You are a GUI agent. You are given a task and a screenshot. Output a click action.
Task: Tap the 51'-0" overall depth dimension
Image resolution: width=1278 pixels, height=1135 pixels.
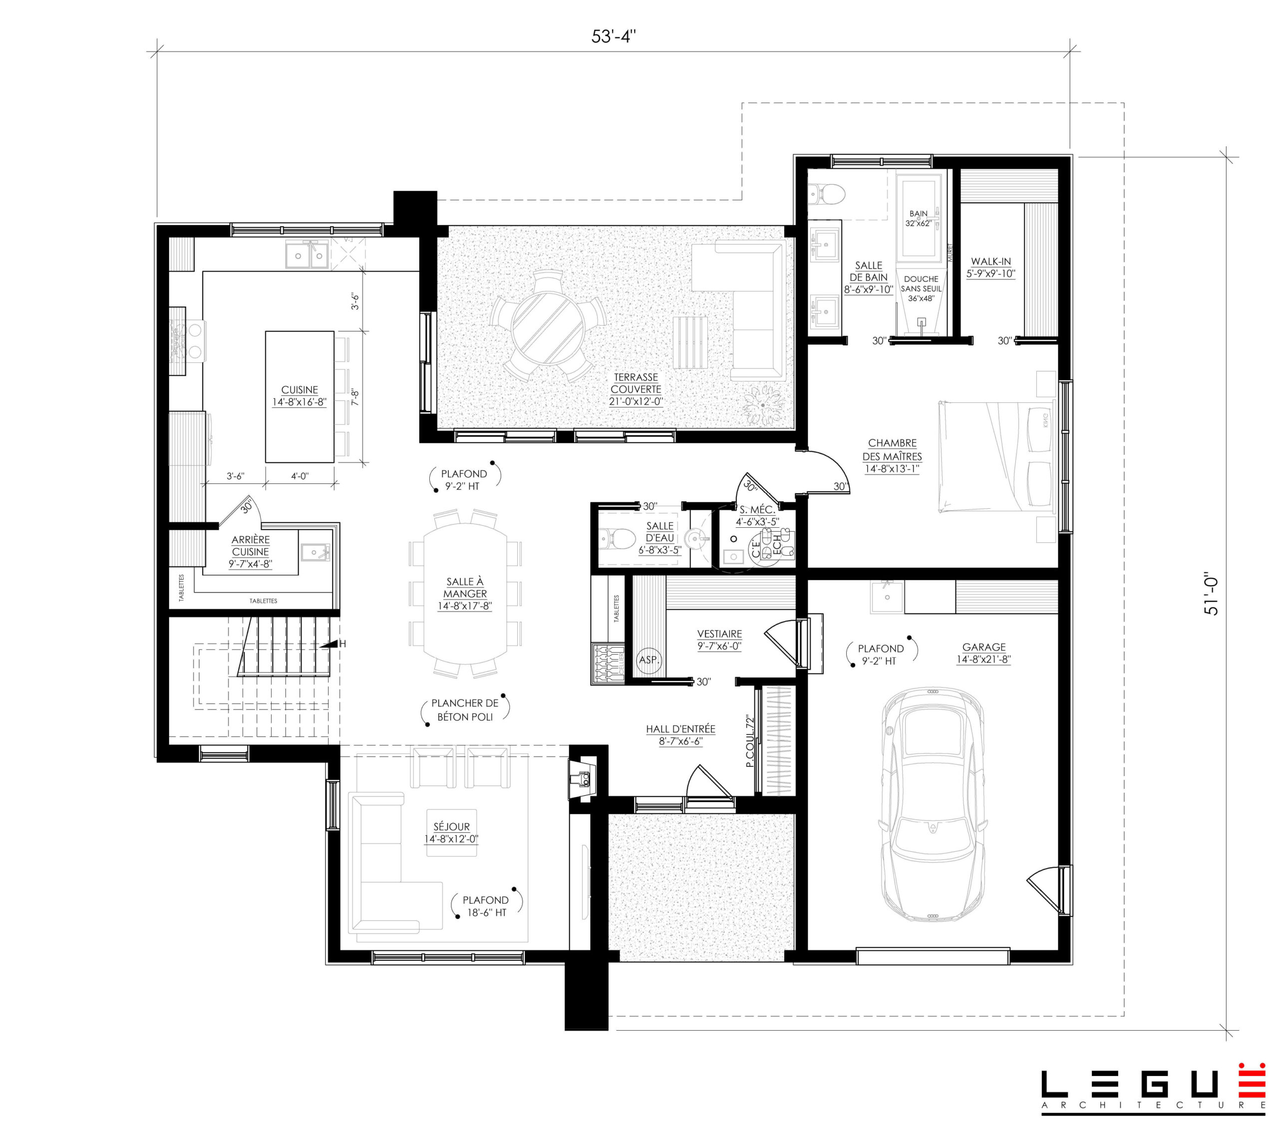(1211, 595)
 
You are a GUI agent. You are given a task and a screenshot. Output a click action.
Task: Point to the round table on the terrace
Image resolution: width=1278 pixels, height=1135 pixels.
(548, 325)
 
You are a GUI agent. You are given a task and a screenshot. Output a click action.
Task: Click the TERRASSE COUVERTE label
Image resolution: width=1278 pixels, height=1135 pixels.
(636, 389)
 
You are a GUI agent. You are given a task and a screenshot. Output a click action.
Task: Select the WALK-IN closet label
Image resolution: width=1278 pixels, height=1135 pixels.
(990, 268)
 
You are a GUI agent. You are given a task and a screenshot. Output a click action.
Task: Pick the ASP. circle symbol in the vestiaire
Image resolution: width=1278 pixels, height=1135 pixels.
(649, 660)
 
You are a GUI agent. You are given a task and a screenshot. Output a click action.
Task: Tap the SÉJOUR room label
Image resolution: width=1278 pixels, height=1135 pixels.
(451, 832)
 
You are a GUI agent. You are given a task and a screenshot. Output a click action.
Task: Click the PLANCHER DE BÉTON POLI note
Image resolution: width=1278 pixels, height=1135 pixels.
(465, 710)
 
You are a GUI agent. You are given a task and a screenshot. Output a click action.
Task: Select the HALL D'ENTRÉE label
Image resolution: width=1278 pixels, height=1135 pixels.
(680, 735)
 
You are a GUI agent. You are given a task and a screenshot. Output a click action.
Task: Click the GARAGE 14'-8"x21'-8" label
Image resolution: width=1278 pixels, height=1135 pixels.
(983, 653)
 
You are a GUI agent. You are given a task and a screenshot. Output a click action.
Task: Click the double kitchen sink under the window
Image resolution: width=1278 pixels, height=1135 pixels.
(307, 255)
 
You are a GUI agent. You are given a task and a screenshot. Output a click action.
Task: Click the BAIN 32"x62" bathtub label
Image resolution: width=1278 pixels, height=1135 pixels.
(919, 218)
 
